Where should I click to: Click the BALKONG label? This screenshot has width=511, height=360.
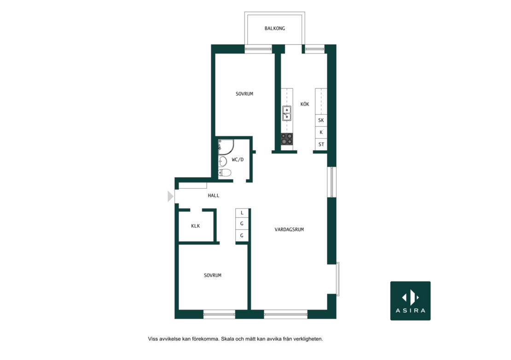click(x=275, y=29)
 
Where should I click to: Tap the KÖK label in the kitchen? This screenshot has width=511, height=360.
click(x=305, y=104)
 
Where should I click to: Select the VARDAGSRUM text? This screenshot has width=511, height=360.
click(x=289, y=229)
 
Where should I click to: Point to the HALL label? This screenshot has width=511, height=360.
click(x=214, y=196)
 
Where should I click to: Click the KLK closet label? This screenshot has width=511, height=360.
click(x=196, y=226)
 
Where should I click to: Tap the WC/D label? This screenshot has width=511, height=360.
click(x=238, y=160)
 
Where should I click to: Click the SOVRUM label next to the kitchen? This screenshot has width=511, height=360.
click(x=244, y=94)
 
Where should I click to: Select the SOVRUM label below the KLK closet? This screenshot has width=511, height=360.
click(x=213, y=275)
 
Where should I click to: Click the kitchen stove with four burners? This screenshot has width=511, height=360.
click(x=287, y=139)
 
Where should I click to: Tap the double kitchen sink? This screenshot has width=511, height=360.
click(x=287, y=113)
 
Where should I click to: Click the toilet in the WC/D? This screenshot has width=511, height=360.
click(x=225, y=173)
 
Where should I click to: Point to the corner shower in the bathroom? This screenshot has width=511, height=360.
click(x=226, y=147)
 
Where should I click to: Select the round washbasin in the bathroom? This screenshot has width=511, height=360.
click(x=223, y=161)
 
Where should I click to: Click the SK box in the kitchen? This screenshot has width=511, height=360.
click(x=321, y=120)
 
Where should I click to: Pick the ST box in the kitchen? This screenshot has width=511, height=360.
click(x=321, y=145)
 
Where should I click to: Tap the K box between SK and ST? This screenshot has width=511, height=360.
click(x=321, y=132)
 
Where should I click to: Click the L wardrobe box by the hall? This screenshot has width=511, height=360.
click(x=242, y=213)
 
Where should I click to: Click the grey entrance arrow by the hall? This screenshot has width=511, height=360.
click(x=170, y=197)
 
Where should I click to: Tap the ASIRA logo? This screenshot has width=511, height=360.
click(x=410, y=301)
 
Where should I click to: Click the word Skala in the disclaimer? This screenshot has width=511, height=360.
click(x=227, y=339)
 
